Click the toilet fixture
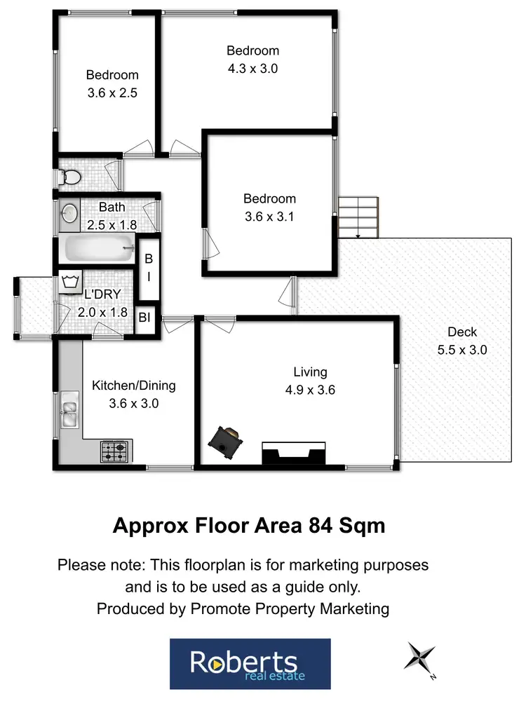click(69, 179)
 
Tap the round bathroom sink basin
click(69, 214)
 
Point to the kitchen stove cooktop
click(116, 451)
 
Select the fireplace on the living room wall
click(293, 454)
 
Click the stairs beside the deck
click(360, 217)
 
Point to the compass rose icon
click(420, 659)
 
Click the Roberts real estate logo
click(250, 662)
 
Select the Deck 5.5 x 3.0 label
click(461, 341)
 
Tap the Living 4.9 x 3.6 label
click(310, 381)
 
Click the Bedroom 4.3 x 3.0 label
click(252, 60)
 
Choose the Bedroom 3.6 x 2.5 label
click(112, 83)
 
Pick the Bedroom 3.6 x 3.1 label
click(269, 207)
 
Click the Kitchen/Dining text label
click(134, 386)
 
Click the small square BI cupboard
click(144, 318)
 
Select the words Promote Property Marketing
click(290, 608)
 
